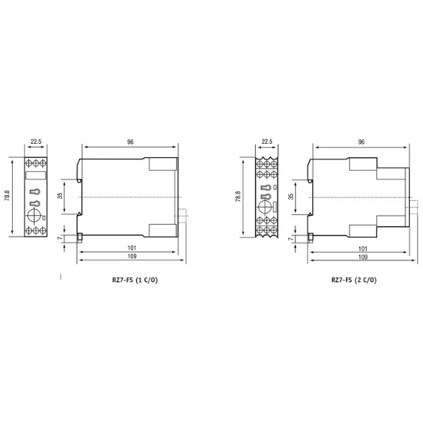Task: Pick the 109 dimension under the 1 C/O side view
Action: click(x=131, y=257)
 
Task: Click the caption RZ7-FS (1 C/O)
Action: click(x=131, y=280)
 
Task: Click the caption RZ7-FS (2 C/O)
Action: click(x=354, y=280)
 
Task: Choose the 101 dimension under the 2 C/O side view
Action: click(x=362, y=247)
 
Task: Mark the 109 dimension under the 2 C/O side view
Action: click(x=362, y=257)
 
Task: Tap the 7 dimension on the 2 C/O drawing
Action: click(x=291, y=240)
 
